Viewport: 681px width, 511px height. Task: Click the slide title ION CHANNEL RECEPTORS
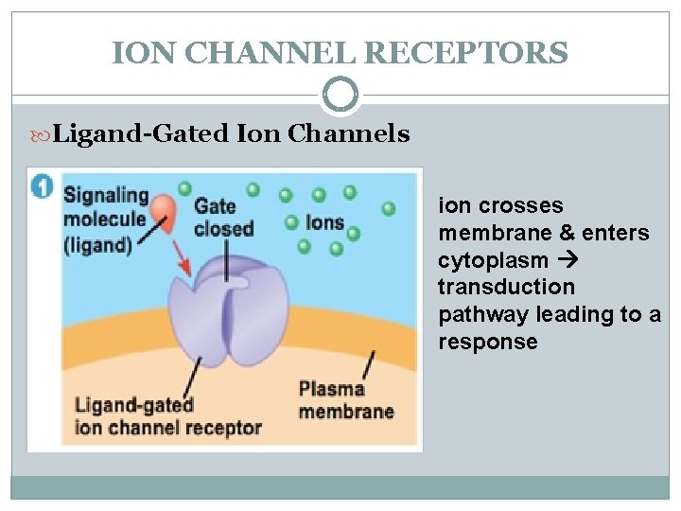(340, 52)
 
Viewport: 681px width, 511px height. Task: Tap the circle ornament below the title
(340, 95)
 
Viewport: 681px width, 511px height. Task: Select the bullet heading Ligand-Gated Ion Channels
(231, 133)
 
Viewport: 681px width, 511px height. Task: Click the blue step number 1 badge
(42, 185)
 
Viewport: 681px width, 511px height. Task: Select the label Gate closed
(223, 217)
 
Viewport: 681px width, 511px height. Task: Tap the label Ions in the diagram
(325, 224)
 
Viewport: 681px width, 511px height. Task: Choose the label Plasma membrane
(345, 400)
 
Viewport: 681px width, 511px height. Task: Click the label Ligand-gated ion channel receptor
(167, 416)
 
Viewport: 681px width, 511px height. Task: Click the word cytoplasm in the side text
(492, 260)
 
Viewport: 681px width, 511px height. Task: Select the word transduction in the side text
(505, 287)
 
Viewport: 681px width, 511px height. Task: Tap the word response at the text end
(487, 342)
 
